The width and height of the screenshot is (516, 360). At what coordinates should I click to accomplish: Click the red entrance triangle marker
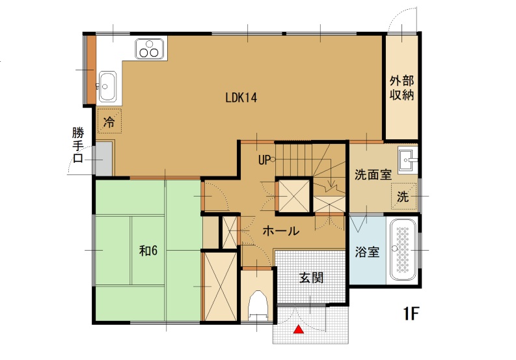pos(299,329)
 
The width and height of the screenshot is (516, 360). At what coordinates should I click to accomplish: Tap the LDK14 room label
pos(241,98)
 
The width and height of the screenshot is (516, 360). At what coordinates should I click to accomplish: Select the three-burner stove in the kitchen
pos(150,49)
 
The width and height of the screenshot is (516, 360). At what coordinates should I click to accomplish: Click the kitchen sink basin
pos(107,86)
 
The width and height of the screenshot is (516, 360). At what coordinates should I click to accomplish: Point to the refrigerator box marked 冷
pos(109,121)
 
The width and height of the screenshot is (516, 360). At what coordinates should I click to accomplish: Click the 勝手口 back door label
pos(78,145)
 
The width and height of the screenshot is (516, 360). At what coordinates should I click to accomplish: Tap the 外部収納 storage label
pos(401,88)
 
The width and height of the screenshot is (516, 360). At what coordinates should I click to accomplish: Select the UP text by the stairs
pos(264,160)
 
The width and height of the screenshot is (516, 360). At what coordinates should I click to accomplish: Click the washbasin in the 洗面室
pos(407,160)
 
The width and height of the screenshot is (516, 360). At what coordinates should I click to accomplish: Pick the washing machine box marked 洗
pos(403,197)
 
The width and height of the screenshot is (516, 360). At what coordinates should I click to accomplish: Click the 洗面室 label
pos(373,174)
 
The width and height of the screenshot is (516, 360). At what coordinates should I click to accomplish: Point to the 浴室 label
pos(367,252)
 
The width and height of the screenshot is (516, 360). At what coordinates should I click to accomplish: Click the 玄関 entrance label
pos(311,278)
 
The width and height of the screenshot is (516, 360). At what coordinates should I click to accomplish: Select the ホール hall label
pos(280,231)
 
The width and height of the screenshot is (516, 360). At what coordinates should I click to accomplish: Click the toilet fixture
pos(257,306)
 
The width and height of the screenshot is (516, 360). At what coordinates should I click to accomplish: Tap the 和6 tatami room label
pos(148,251)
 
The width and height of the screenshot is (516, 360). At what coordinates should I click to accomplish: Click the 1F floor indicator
pos(411,314)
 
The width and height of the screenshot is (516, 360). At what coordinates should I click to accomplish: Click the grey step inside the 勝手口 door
pos(103,159)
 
